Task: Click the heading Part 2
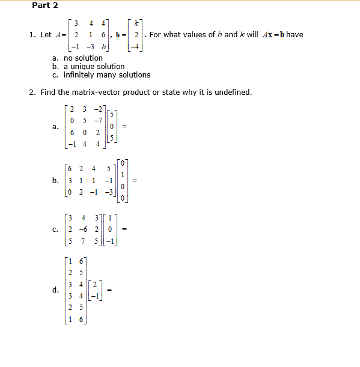point(45,5)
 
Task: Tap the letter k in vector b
point(137,24)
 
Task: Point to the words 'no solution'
point(83,58)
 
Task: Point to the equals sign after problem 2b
point(135,180)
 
